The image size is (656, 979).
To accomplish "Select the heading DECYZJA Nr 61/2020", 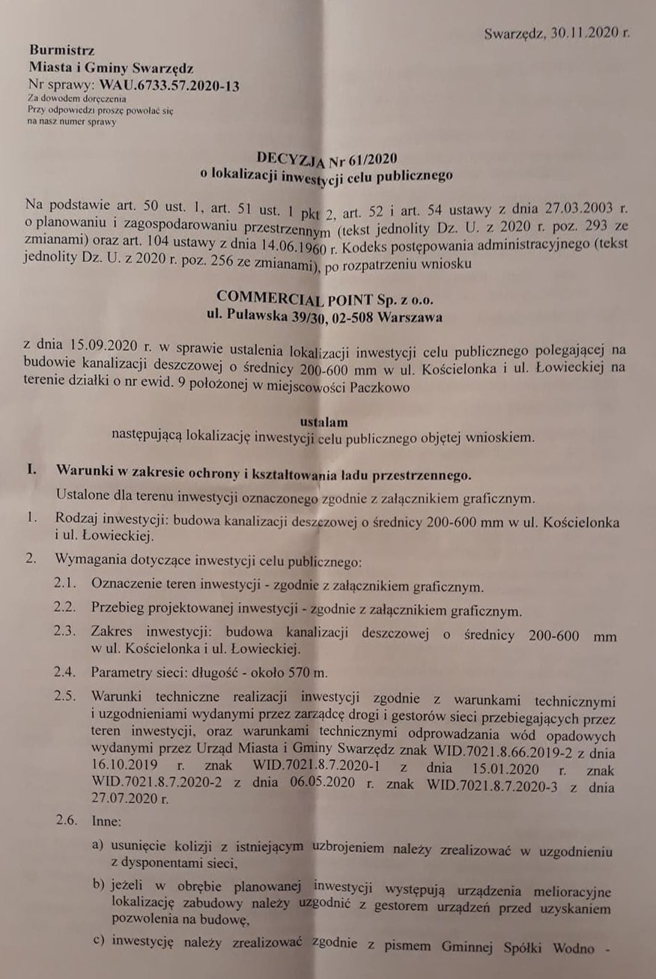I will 326,158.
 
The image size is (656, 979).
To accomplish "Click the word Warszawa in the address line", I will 410,317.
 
